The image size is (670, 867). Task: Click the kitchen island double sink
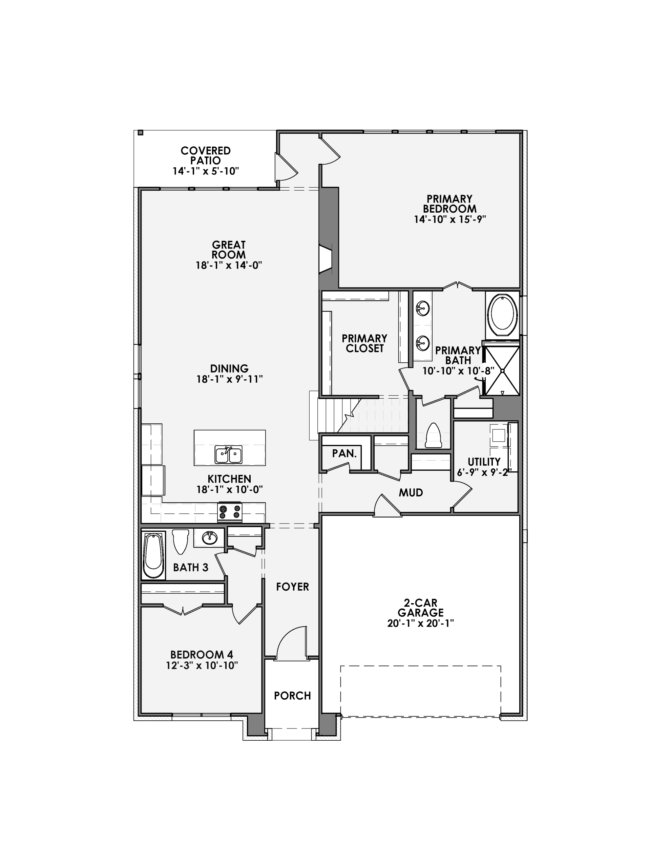coord(228,455)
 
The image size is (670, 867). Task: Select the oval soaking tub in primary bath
coord(502,314)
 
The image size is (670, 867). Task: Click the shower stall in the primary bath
coord(502,371)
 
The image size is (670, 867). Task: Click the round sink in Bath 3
coord(209,538)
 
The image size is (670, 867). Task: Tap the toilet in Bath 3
coord(181,541)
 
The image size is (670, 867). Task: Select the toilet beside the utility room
coord(433,436)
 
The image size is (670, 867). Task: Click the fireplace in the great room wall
coord(326,259)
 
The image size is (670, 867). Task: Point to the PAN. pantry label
coord(344,453)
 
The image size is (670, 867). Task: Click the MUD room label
coord(411,493)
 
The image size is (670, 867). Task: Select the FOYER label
coord(292,587)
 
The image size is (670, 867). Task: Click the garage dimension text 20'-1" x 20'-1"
coord(420,623)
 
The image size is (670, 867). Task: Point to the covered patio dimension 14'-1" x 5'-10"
coord(205,171)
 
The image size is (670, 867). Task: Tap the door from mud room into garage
coord(387,506)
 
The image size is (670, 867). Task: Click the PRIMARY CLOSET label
coord(364,343)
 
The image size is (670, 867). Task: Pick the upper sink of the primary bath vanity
coord(423,308)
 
